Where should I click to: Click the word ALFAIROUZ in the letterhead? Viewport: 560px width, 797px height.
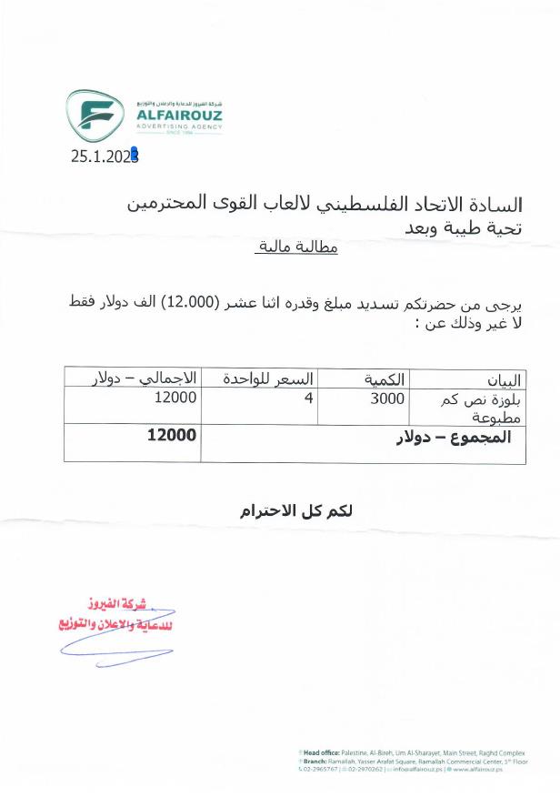178,116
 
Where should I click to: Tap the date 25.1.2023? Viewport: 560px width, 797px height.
105,156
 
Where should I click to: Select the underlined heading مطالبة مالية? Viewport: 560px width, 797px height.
293,247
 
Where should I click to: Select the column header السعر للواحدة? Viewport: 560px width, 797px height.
262,377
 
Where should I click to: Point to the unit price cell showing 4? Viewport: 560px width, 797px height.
309,398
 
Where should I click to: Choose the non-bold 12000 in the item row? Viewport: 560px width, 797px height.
176,398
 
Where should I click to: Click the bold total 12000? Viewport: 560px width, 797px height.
172,435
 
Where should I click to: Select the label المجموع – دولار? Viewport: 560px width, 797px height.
453,438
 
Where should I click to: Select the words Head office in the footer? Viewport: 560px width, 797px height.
324,752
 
